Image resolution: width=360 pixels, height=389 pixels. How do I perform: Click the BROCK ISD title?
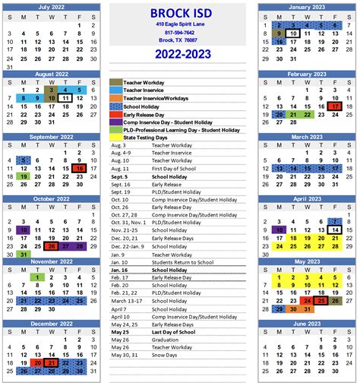click(x=179, y=13)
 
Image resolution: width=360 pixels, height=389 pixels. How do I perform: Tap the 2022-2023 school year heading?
click(x=179, y=54)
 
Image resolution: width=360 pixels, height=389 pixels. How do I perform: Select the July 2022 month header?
click(x=51, y=7)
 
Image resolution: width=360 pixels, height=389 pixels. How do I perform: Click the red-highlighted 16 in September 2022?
click(x=79, y=169)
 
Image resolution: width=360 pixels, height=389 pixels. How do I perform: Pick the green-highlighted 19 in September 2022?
click(x=24, y=176)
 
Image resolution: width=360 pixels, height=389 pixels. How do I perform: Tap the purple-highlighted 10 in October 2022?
click(x=24, y=229)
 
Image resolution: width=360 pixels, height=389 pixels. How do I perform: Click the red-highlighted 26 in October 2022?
click(x=51, y=246)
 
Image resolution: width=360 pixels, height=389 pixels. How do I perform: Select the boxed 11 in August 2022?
click(x=65, y=98)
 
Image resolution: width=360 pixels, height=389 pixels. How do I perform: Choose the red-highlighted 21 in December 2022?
click(x=51, y=363)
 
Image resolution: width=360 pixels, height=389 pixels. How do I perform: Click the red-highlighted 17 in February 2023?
click(x=335, y=106)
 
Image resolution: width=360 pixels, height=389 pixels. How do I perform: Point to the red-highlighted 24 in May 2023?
click(x=307, y=301)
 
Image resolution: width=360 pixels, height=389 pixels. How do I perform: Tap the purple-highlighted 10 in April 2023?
click(x=279, y=229)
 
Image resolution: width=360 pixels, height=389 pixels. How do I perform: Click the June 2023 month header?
click(x=306, y=324)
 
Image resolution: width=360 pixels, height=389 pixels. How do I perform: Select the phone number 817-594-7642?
click(x=179, y=32)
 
